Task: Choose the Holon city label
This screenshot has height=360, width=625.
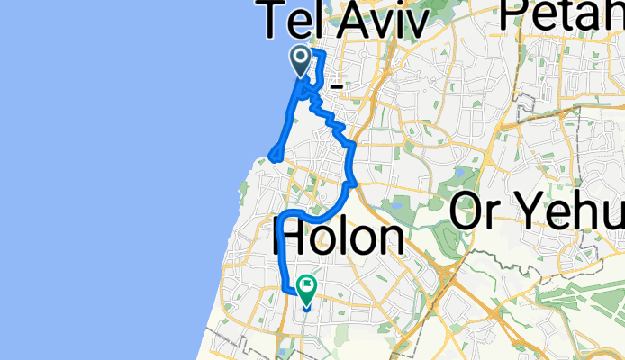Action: tap(339, 238)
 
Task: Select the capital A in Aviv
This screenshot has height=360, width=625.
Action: tap(349, 22)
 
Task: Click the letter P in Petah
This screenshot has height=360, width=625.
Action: tap(515, 16)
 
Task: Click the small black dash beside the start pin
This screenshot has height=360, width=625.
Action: tap(337, 85)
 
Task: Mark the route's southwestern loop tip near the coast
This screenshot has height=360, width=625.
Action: tap(271, 160)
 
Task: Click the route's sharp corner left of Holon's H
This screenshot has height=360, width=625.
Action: tap(279, 218)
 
